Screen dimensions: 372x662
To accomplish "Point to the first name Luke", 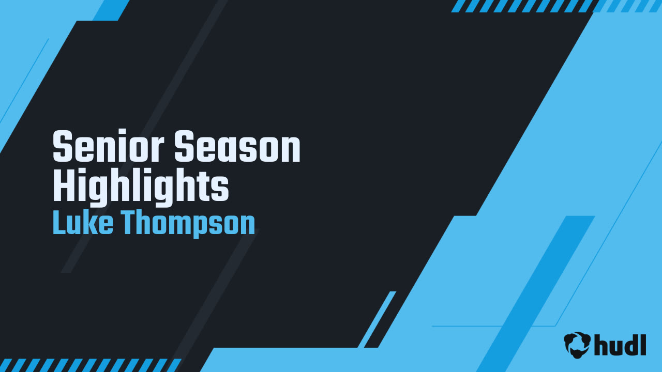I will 83,223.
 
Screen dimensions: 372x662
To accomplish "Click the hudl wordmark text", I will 620,345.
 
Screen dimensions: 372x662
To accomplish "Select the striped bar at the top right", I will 556,6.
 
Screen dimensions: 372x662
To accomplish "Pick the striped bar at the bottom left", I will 91,365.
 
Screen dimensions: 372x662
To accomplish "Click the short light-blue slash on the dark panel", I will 377,319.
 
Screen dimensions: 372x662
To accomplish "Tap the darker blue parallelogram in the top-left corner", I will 110,10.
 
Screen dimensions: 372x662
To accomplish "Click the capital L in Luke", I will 58,223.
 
